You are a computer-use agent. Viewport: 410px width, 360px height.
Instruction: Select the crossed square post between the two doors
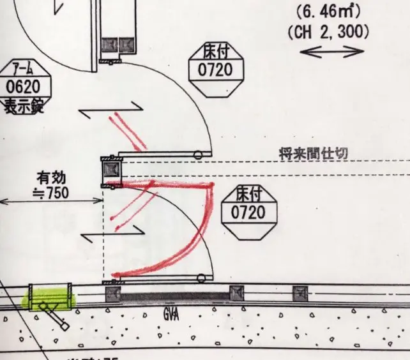112,170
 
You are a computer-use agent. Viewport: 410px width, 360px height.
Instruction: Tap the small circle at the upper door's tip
199,154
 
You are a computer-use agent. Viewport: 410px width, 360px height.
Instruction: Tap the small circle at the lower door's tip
202,278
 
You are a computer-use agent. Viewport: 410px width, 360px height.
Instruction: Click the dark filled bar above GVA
175,296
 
